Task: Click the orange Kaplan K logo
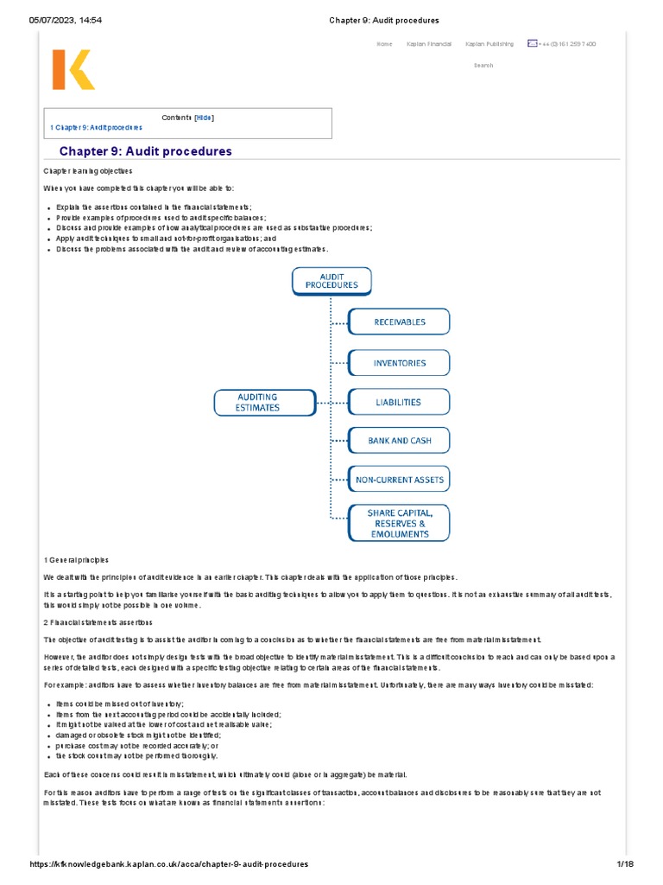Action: (73, 69)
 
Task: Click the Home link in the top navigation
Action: (384, 44)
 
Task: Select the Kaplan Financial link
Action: (429, 44)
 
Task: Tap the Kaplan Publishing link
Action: (489, 44)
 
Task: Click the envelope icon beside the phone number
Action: (533, 43)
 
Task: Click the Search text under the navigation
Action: (483, 66)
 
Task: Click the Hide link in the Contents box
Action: (204, 118)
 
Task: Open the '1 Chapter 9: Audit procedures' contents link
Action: (96, 128)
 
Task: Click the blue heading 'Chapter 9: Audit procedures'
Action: (145, 151)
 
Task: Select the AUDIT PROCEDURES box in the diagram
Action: (331, 280)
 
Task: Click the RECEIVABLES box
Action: (399, 322)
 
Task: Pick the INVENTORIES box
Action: (399, 363)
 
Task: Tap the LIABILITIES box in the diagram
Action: (399, 402)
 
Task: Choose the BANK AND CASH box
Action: (399, 441)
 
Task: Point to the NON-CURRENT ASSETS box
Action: (399, 480)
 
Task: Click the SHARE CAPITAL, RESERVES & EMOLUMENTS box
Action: (399, 523)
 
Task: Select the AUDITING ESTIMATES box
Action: (258, 403)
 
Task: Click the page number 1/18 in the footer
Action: (625, 864)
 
